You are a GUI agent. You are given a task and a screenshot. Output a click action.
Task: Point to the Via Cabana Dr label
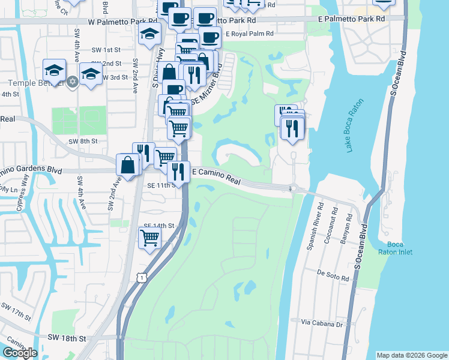(321, 324)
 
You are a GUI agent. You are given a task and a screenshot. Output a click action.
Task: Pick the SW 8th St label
(82, 140)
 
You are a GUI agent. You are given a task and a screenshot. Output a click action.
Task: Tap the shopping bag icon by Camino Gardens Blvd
(129, 164)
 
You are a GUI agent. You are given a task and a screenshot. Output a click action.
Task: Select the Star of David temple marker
(73, 81)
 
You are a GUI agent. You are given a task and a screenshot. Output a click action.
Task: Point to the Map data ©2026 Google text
(412, 355)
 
